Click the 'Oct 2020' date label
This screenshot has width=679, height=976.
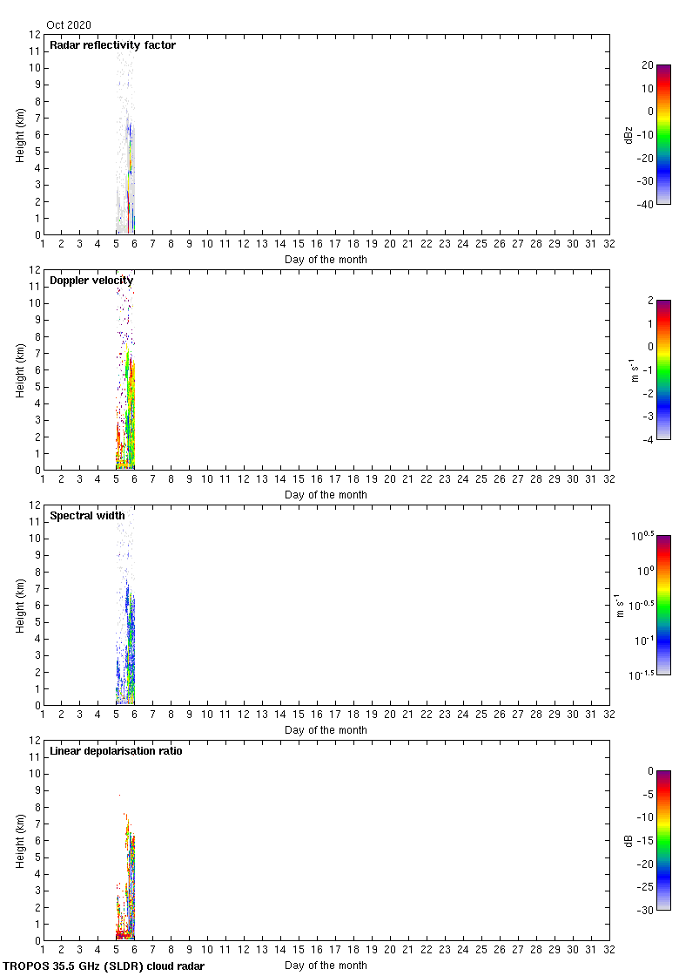point(69,25)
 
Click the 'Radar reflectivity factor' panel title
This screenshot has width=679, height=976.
point(112,45)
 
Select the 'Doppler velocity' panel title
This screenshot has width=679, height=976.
point(91,281)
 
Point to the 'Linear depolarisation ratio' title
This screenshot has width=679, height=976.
point(116,751)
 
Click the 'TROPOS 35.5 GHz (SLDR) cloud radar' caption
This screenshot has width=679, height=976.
point(104,966)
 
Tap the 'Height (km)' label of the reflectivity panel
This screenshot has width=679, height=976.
point(19,134)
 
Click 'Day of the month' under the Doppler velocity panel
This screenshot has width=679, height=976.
point(326,495)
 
